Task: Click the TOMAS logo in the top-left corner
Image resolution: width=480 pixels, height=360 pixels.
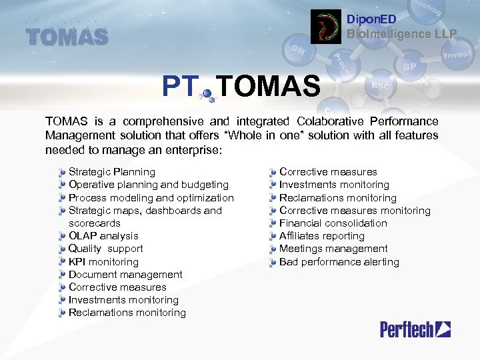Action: pyautogui.click(x=67, y=36)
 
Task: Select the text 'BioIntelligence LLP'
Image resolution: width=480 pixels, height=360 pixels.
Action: pyautogui.click(x=401, y=33)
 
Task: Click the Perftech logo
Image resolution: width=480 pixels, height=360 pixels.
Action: pyautogui.click(x=415, y=329)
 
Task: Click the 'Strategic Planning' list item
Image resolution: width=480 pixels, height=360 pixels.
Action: pyautogui.click(x=111, y=172)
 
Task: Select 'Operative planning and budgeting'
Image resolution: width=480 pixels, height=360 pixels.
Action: pyautogui.click(x=148, y=185)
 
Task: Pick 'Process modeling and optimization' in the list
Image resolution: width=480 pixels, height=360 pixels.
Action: pyautogui.click(x=151, y=198)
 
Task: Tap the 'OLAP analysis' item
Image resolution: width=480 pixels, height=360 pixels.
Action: pyautogui.click(x=103, y=236)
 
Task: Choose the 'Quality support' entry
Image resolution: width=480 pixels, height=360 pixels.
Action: pyautogui.click(x=105, y=249)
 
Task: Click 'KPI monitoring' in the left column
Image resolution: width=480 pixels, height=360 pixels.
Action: pyautogui.click(x=103, y=262)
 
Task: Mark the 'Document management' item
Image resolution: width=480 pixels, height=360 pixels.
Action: pyautogui.click(x=125, y=275)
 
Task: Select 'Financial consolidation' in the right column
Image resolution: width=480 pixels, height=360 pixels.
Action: pyautogui.click(x=333, y=223)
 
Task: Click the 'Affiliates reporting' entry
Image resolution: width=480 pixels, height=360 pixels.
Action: pyautogui.click(x=321, y=236)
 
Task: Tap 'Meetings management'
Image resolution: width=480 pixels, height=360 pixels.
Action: pyautogui.click(x=333, y=249)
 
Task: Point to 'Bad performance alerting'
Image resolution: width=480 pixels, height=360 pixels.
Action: pyautogui.click(x=339, y=262)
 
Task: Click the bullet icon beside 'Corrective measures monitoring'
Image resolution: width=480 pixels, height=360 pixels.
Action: pyautogui.click(x=273, y=211)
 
